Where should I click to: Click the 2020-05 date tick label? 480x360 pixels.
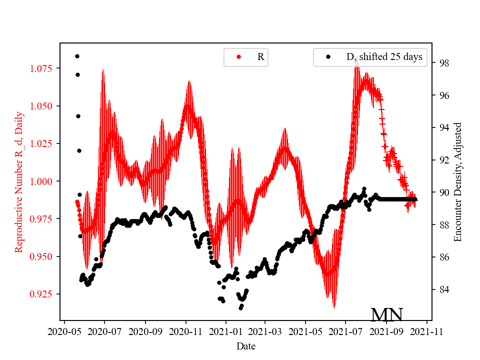click(x=64, y=330)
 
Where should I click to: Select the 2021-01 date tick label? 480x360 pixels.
click(x=225, y=330)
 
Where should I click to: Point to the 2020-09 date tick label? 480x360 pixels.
click(x=145, y=330)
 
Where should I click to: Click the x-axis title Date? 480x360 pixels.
click(x=246, y=345)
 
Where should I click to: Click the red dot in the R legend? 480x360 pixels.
click(x=238, y=57)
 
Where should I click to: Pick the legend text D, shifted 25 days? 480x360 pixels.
click(x=384, y=57)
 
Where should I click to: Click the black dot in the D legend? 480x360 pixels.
click(x=328, y=57)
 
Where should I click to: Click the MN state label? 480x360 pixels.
click(x=386, y=314)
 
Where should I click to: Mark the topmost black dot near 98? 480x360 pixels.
click(x=77, y=56)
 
